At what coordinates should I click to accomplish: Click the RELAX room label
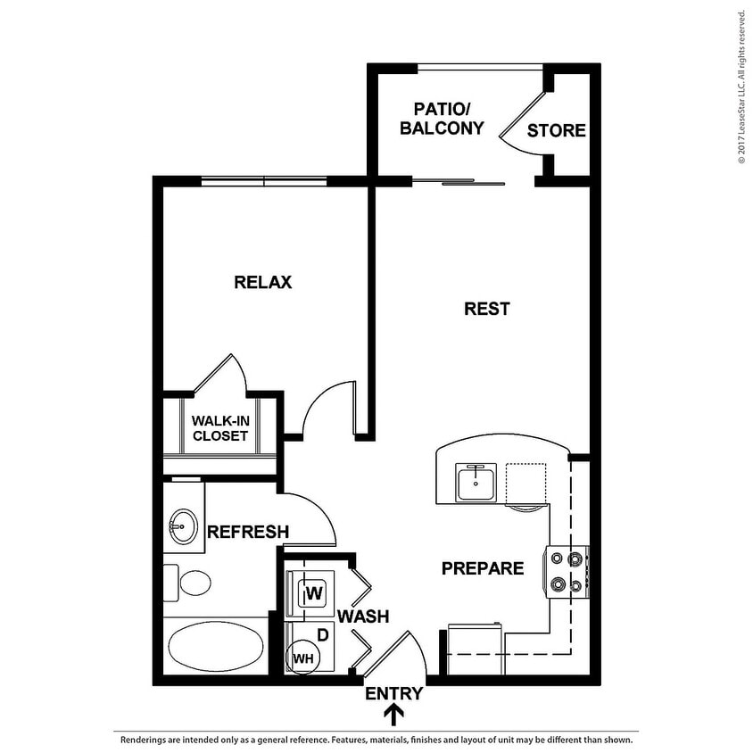pyautogui.click(x=263, y=283)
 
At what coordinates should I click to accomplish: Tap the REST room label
pyautogui.click(x=487, y=309)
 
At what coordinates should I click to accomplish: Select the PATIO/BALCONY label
pyautogui.click(x=442, y=119)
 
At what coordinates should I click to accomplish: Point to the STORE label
pyautogui.click(x=556, y=131)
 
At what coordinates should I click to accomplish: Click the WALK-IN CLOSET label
pyautogui.click(x=220, y=428)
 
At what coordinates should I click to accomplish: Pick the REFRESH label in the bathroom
pyautogui.click(x=248, y=533)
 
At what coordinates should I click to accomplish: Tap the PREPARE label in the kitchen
pyautogui.click(x=483, y=568)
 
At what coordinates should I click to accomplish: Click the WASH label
pyautogui.click(x=363, y=616)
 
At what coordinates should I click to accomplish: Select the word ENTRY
pyautogui.click(x=393, y=693)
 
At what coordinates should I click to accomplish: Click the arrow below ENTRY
pyautogui.click(x=393, y=715)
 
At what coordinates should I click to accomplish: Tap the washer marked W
pyautogui.click(x=314, y=592)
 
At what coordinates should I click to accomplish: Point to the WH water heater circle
pyautogui.click(x=303, y=658)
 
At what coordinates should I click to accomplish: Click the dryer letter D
pyautogui.click(x=323, y=634)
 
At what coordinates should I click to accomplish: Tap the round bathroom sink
pyautogui.click(x=183, y=526)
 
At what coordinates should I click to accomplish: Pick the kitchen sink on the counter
pyautogui.click(x=477, y=483)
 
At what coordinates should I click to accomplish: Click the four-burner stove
pyautogui.click(x=568, y=572)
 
